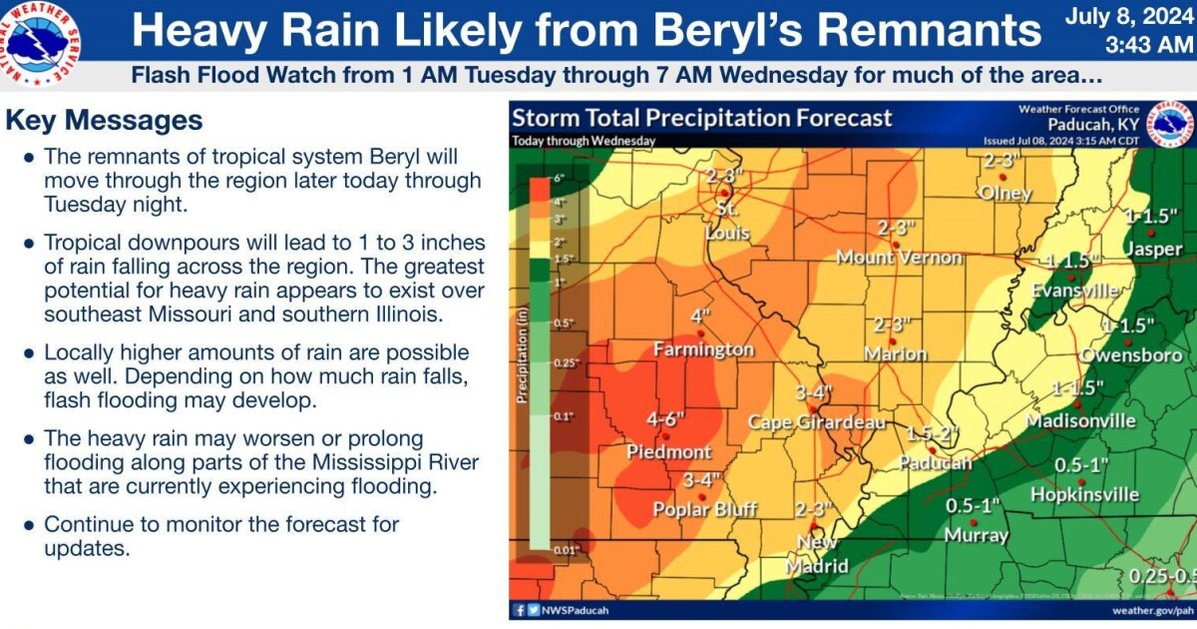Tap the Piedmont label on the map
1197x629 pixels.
(x=669, y=451)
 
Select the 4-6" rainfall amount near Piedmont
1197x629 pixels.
(x=663, y=420)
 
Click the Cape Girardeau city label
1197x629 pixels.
(x=817, y=422)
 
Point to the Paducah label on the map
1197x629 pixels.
(x=935, y=462)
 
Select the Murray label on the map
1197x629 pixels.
(x=977, y=535)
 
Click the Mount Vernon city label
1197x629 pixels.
(x=899, y=258)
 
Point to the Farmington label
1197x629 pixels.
(x=703, y=349)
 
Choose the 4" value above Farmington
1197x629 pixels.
(x=700, y=317)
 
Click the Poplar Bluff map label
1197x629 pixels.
(x=704, y=509)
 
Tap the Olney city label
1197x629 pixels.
(x=1004, y=192)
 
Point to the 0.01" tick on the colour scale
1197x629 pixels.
(x=565, y=548)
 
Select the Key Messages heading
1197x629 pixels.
(x=104, y=121)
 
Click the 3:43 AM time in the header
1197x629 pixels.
(x=1148, y=45)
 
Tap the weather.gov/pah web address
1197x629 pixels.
(x=1152, y=609)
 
